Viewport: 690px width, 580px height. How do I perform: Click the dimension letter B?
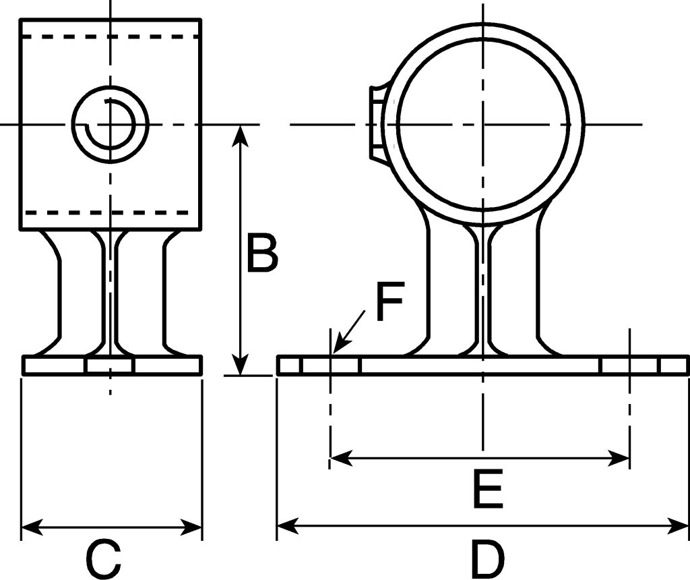point(261,254)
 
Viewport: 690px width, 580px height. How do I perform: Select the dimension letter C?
point(103,558)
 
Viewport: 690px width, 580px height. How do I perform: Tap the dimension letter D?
point(487,558)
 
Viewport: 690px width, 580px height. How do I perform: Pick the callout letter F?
point(389,303)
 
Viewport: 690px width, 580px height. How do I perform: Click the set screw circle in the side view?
point(110,124)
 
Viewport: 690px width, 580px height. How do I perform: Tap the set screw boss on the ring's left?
point(378,122)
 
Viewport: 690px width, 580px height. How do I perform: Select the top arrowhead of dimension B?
point(241,134)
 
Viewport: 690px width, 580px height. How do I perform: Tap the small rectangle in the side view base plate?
point(110,366)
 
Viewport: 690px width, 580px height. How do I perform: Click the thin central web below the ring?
point(482,290)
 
